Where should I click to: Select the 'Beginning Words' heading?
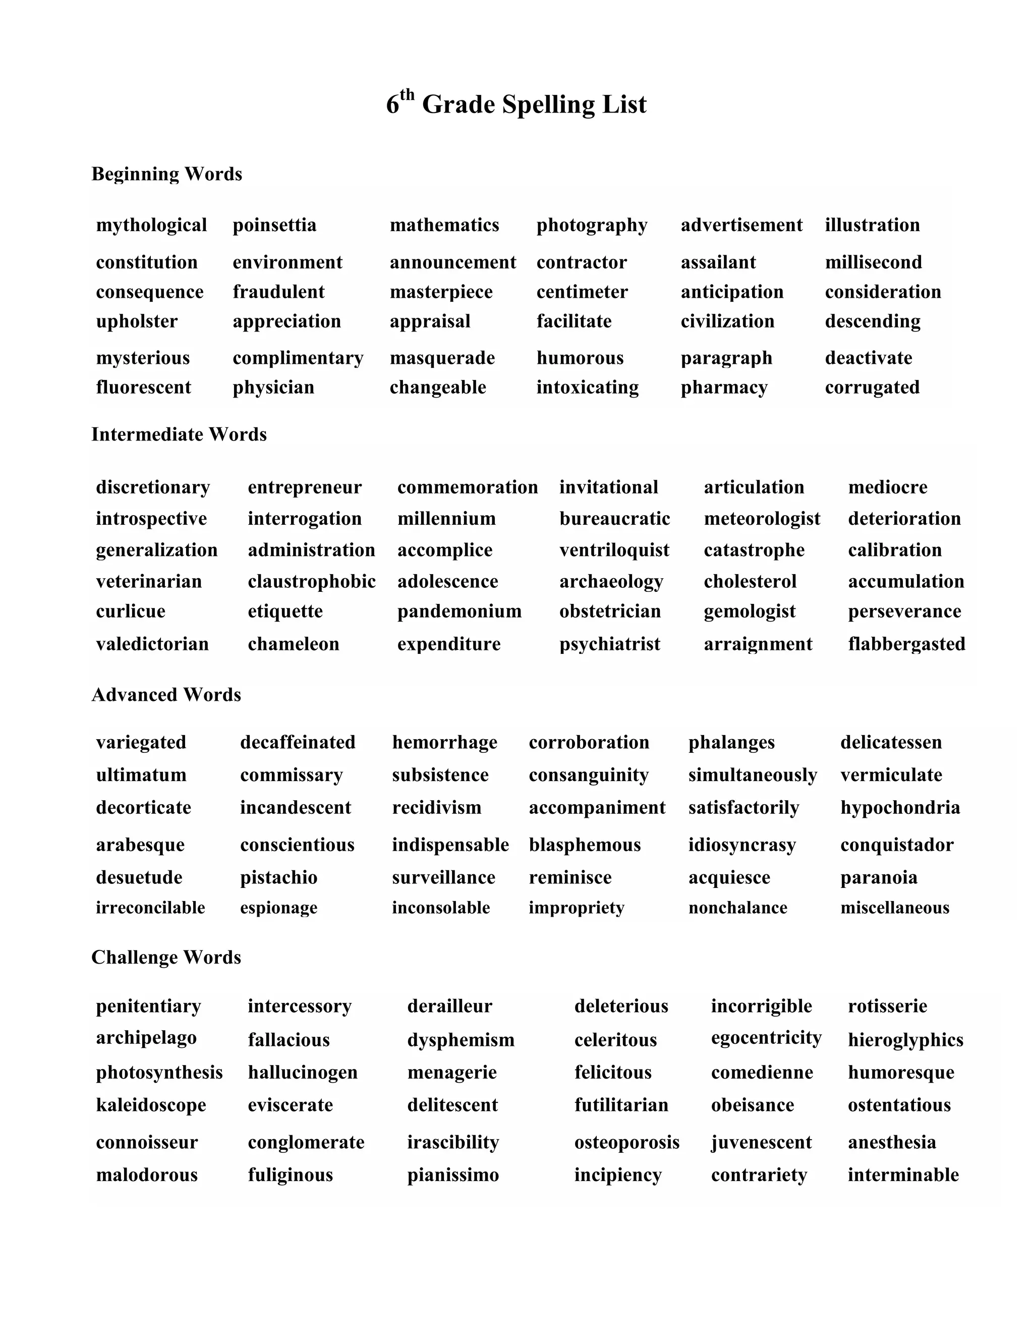[166, 174]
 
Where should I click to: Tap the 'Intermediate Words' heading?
[179, 434]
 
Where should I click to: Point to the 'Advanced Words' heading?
[166, 695]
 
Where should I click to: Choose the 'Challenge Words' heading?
[166, 958]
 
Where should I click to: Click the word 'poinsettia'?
[274, 226]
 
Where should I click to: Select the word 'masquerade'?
[442, 358]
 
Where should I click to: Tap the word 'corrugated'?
[872, 387]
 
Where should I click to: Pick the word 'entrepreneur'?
[304, 487]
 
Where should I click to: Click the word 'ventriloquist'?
[614, 550]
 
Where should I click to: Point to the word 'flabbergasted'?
[906, 644]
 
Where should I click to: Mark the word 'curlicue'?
[130, 611]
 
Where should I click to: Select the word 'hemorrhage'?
[444, 743]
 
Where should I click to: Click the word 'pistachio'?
[278, 878]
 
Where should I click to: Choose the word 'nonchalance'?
[737, 908]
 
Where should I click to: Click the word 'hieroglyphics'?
[905, 1040]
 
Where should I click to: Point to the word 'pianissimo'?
[453, 1176]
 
